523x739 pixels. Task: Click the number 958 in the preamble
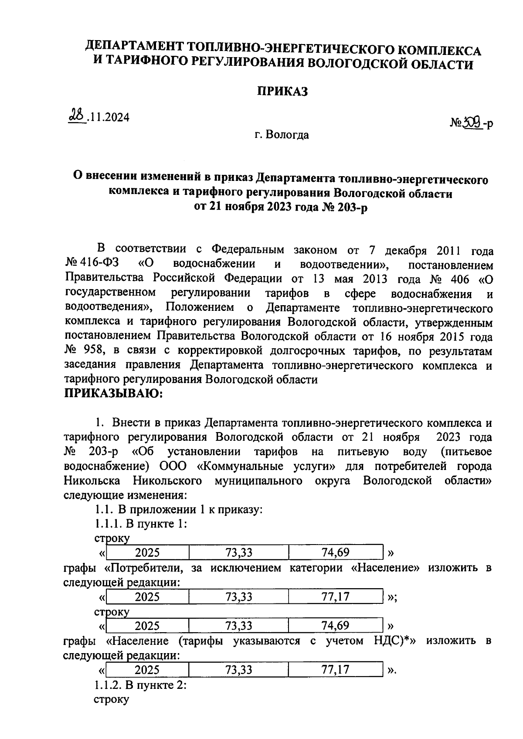[91, 351]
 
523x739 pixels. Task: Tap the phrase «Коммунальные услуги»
[266, 466]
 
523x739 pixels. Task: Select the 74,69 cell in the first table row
[335, 553]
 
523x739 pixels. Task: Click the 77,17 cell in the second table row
[335, 596]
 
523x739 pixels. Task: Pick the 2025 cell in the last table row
[147, 670]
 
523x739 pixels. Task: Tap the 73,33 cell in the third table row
[238, 626]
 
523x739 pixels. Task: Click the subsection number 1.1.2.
[108, 685]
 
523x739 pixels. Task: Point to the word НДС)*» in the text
[394, 640]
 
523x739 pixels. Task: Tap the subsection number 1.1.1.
[108, 524]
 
